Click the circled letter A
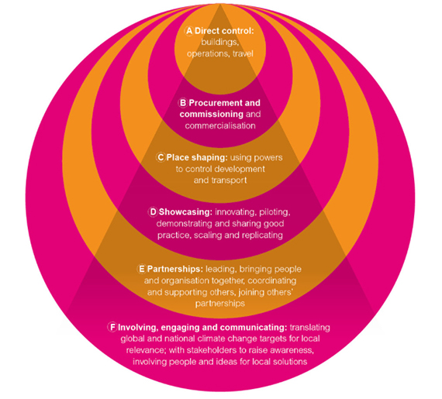[189, 31]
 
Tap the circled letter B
[183, 103]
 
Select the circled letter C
[161, 157]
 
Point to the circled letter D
[153, 212]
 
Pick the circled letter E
[141, 269]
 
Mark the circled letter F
[112, 327]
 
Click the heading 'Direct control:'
[224, 31]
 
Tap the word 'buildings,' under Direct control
[220, 43]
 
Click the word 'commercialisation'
[220, 126]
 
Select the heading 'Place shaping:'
[197, 157]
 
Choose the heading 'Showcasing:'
[185, 212]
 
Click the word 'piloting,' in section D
[275, 212]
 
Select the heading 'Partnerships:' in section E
[174, 269]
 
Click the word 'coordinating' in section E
[272, 280]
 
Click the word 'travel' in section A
[243, 53]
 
